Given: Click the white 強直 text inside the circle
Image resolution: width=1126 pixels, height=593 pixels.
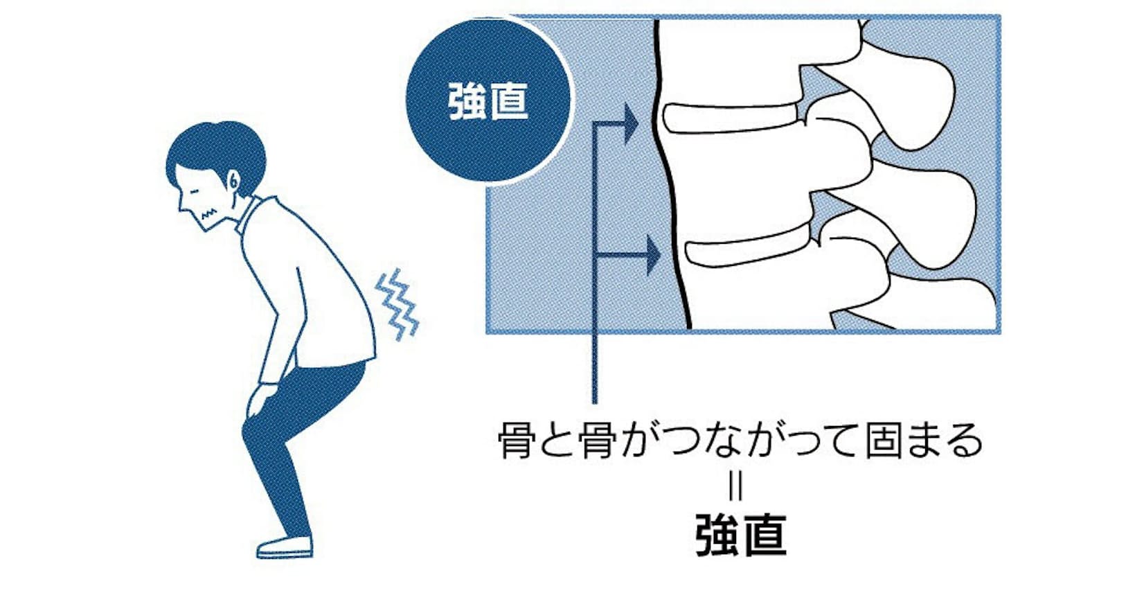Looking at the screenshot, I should point(489,101).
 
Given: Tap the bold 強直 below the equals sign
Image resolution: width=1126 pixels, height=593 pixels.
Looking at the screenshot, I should point(740,535).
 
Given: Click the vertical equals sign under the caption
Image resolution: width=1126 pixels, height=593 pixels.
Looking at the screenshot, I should point(735,487).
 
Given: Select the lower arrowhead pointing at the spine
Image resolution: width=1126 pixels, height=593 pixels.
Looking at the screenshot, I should point(652,256).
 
